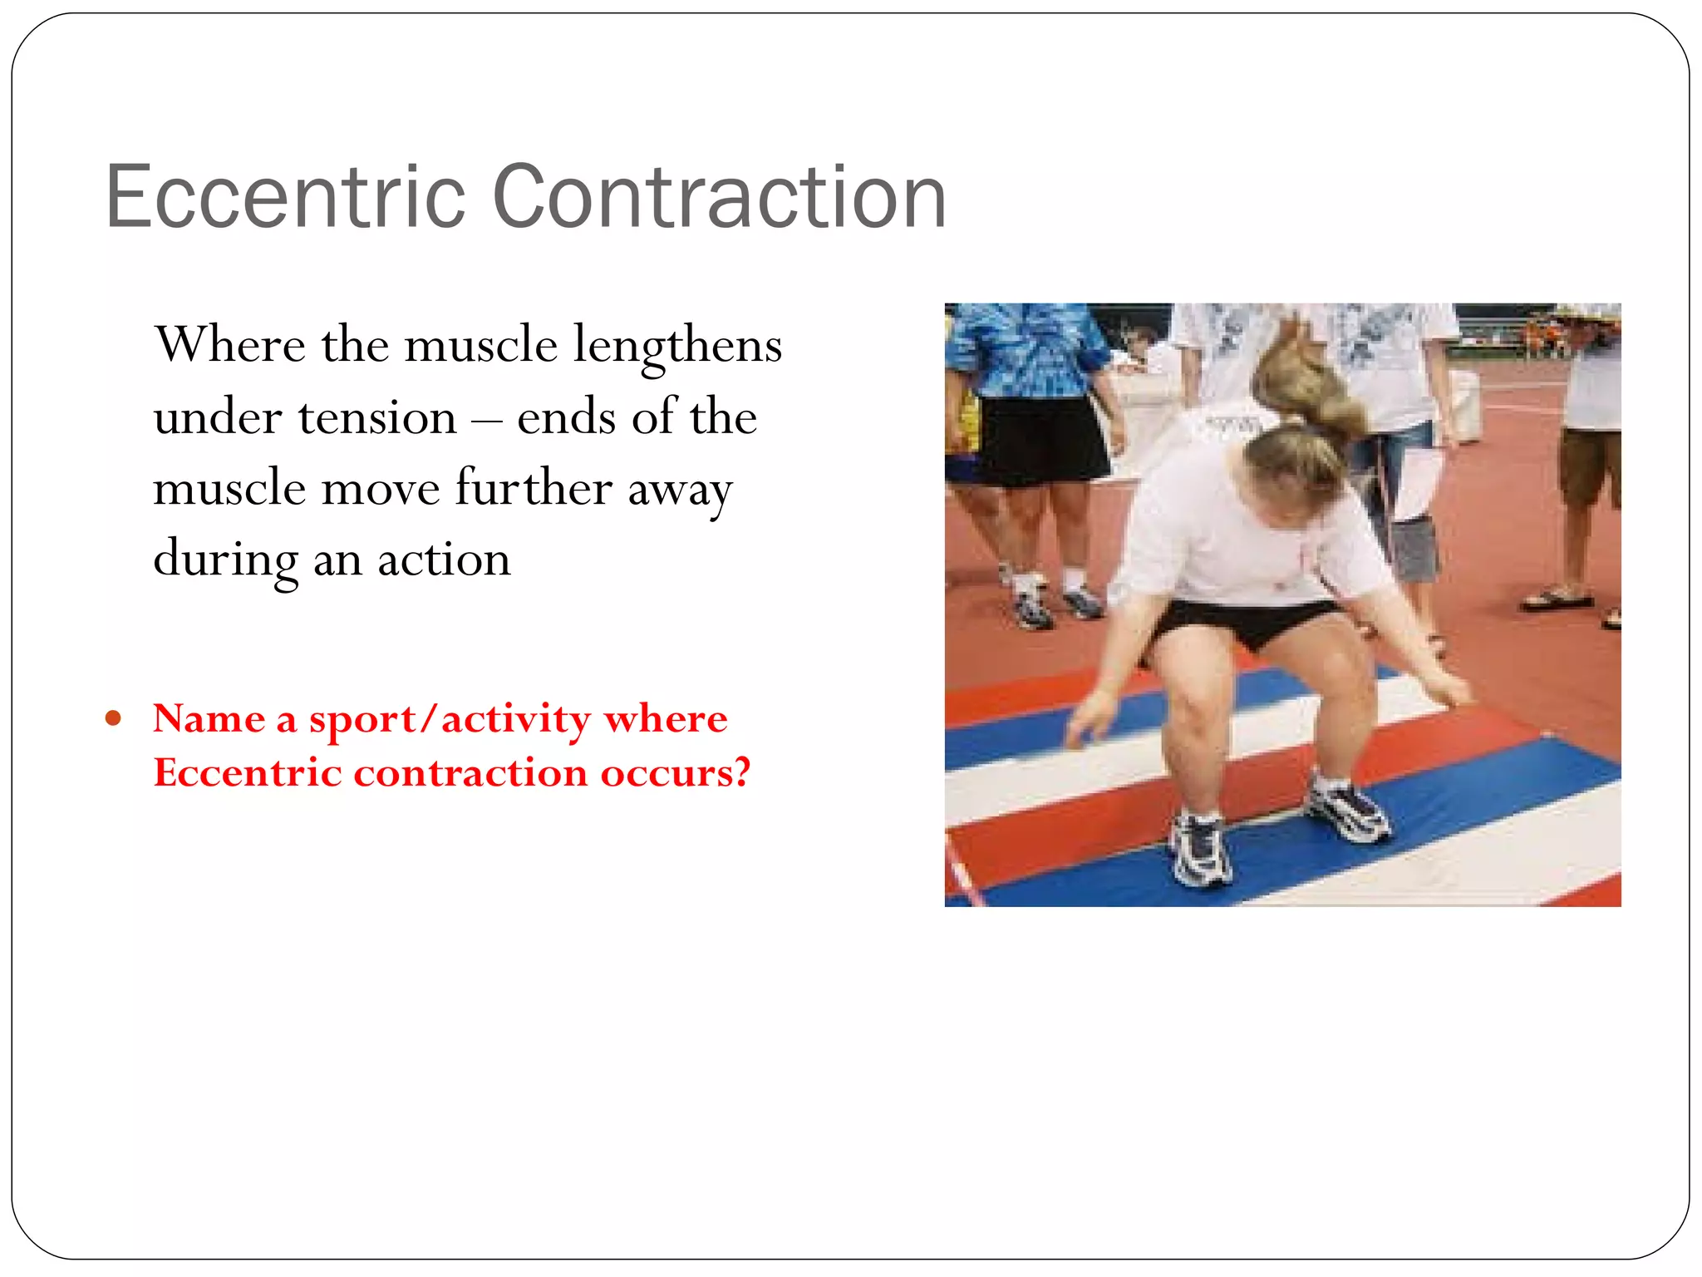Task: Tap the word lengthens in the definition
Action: pos(677,346)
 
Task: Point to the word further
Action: pos(534,488)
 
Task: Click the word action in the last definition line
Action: pos(444,559)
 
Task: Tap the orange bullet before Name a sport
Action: pos(114,717)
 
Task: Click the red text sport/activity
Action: pos(450,718)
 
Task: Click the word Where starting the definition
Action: pos(230,346)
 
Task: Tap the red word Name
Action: pos(209,718)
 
